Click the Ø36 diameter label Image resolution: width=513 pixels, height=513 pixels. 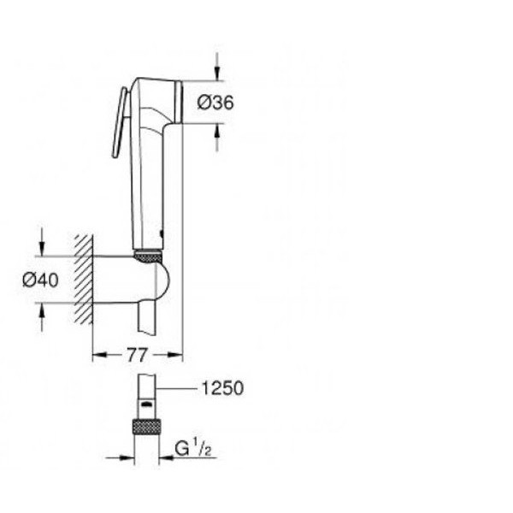click(x=215, y=103)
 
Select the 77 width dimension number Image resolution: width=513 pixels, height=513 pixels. click(x=137, y=353)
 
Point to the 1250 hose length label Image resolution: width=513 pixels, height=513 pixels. click(x=222, y=388)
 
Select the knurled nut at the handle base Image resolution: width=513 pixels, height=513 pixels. click(x=149, y=254)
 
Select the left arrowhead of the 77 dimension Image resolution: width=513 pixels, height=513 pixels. click(x=97, y=351)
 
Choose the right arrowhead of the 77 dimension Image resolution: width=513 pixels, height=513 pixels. click(x=178, y=351)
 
